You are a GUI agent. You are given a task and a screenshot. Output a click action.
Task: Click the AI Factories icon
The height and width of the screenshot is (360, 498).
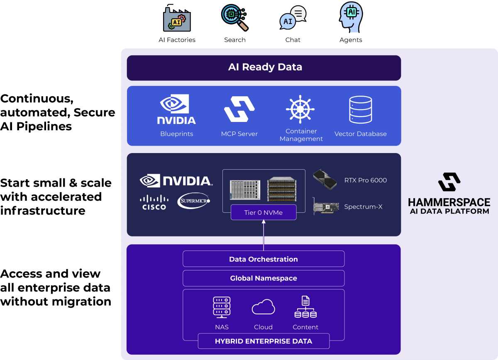coord(176,19)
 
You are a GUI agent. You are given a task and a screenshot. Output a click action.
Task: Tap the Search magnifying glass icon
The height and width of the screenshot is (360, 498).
coord(234,18)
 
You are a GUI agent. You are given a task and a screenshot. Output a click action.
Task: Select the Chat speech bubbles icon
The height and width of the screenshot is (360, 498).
coord(293,18)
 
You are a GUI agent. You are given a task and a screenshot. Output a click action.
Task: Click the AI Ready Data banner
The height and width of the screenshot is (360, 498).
coord(264,67)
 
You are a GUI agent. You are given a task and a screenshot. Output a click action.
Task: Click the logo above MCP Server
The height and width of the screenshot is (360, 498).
coord(239,109)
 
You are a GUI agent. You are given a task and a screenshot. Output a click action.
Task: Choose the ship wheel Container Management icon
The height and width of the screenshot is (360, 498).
coord(300,109)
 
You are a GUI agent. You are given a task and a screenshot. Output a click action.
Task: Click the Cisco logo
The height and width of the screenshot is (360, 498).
coord(154,203)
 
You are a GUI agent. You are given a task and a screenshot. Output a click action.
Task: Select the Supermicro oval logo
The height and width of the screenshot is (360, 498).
coord(194,201)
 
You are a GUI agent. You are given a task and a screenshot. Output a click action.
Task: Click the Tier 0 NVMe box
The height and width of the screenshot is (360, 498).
coord(264,212)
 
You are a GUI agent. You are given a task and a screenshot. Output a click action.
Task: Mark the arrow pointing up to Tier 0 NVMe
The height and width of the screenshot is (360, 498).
coord(264,234)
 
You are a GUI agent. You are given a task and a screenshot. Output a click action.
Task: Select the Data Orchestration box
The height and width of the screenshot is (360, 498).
coord(264,259)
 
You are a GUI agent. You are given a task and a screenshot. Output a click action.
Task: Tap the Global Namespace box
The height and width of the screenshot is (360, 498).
coord(264,278)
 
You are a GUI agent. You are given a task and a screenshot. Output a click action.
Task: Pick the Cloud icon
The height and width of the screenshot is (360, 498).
coord(264,308)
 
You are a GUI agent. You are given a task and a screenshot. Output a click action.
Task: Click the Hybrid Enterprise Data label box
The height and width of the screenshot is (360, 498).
coord(264,341)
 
